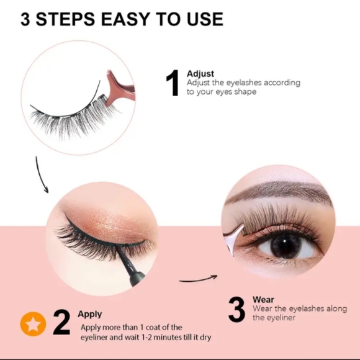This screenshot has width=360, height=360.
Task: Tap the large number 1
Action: [174, 84]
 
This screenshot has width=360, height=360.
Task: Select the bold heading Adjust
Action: [200, 74]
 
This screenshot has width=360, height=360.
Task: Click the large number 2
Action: [61, 323]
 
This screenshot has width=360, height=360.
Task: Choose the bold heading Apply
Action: [90, 314]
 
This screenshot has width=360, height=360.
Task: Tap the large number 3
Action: [236, 310]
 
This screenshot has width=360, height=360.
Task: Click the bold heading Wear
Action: [263, 300]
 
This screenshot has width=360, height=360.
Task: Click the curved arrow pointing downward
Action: [41, 174]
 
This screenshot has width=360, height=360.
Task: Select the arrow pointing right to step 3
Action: [199, 278]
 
